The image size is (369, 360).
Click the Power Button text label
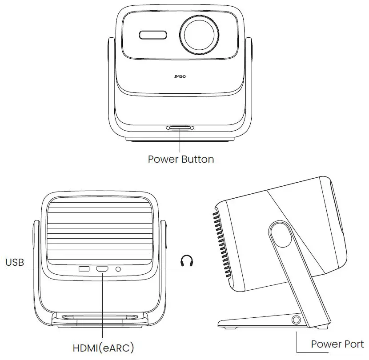(180, 159)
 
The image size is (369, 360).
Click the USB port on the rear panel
(84, 269)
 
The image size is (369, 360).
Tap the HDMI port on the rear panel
(102, 269)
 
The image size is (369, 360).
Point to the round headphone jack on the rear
(119, 269)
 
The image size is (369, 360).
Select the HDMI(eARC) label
(103, 346)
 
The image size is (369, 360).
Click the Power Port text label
(337, 344)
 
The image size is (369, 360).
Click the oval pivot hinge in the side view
(281, 234)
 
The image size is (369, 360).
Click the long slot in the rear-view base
(101, 317)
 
